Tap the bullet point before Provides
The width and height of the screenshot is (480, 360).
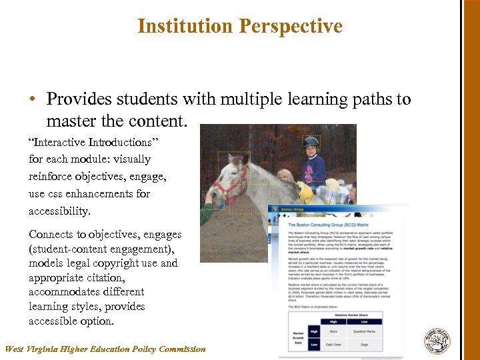[x=32, y=100]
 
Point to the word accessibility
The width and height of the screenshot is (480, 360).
[x=59, y=211]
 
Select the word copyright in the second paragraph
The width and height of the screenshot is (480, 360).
[x=115, y=263]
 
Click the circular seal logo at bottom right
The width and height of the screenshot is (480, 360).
[x=437, y=341]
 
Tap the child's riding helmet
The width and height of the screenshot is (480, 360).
[x=311, y=141]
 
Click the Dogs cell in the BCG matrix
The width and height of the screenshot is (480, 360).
[x=363, y=344]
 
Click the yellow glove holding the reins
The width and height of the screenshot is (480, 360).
[x=305, y=193]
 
